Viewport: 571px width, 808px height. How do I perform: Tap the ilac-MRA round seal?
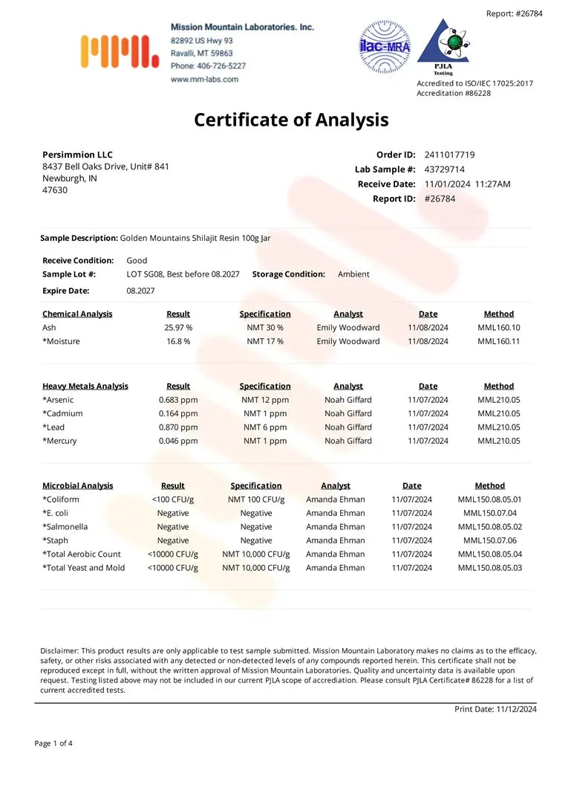click(384, 47)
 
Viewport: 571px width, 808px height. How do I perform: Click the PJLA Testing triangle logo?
click(443, 45)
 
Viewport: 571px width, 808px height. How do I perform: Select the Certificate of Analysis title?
click(291, 120)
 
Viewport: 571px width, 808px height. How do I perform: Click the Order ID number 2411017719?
click(449, 155)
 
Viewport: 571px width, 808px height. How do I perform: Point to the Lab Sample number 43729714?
click(445, 169)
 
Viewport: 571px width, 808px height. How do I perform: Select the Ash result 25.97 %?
click(178, 328)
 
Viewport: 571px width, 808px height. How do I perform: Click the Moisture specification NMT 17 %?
click(265, 341)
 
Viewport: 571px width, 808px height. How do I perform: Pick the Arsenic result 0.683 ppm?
click(178, 400)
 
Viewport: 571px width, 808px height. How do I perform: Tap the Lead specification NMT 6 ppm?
click(265, 427)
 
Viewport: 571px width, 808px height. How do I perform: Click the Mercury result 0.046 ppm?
click(178, 441)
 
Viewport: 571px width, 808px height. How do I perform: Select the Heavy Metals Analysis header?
click(85, 387)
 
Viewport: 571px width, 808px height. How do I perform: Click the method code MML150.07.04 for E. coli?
click(490, 513)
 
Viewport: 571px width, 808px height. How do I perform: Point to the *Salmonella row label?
click(65, 527)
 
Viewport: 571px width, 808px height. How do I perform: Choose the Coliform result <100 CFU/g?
click(173, 500)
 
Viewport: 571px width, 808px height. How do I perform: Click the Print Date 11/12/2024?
click(516, 709)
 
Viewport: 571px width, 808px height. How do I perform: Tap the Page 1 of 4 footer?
click(53, 743)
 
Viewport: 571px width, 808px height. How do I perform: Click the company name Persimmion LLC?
click(77, 155)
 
